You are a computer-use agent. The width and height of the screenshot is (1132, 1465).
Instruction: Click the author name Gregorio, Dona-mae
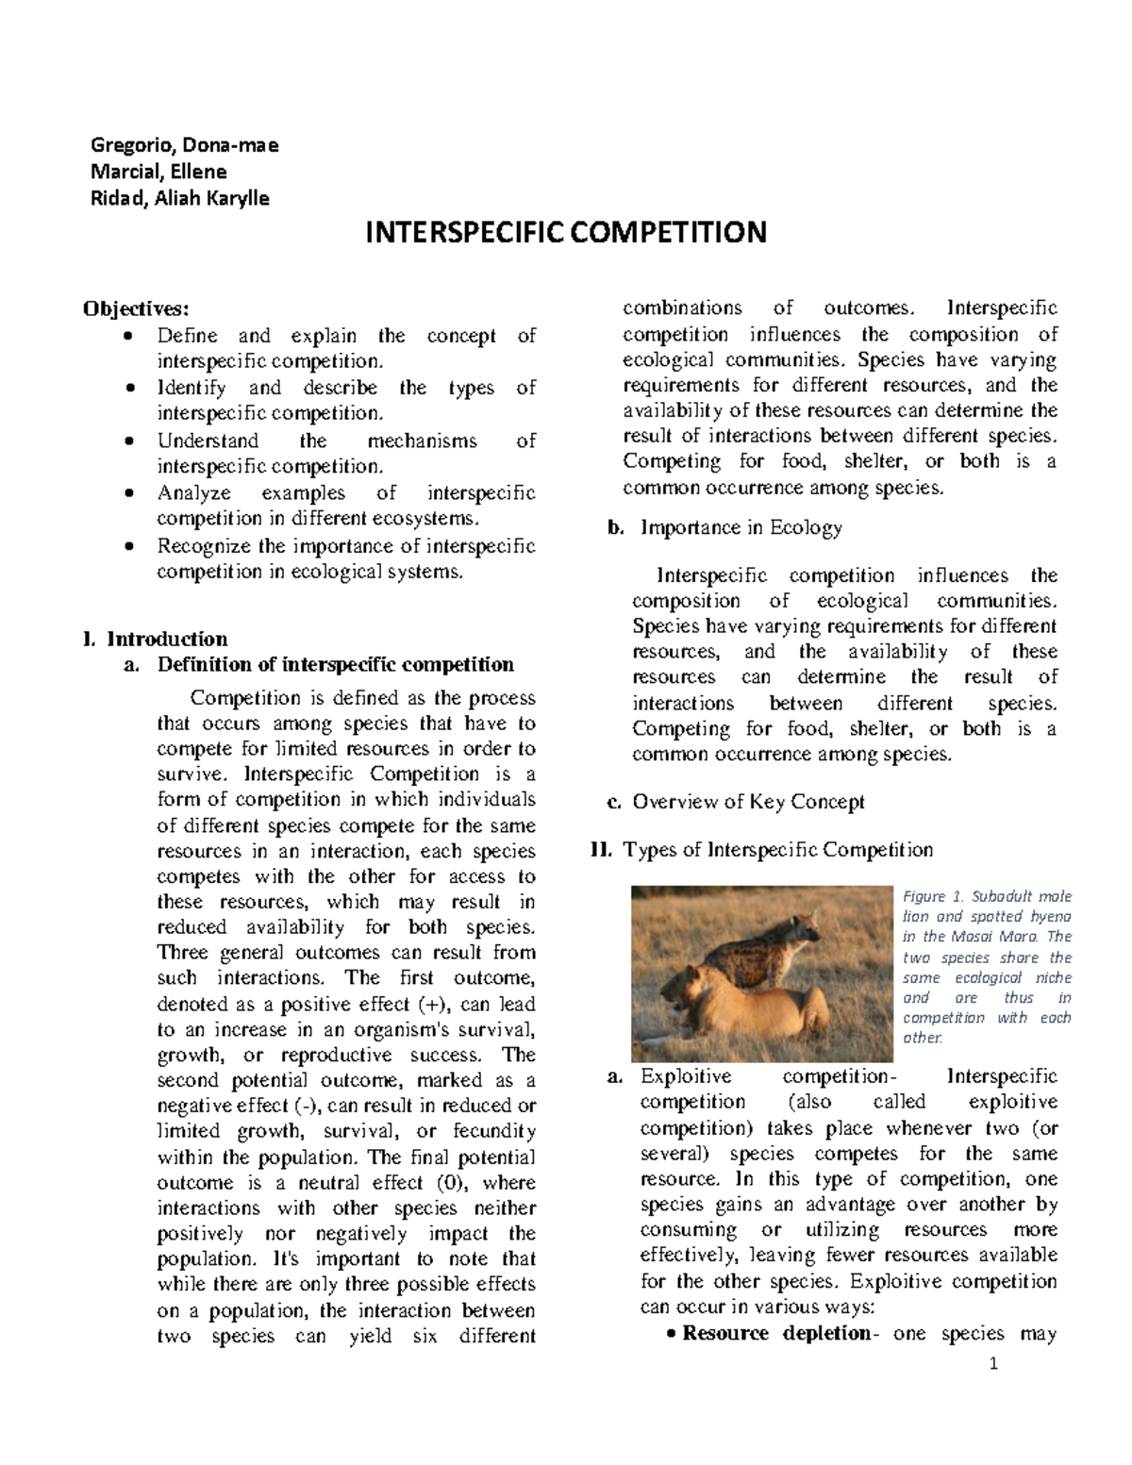184,145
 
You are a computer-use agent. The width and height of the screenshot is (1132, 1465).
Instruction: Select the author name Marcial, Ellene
158,172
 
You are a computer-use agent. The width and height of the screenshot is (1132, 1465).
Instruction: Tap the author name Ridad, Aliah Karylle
179,198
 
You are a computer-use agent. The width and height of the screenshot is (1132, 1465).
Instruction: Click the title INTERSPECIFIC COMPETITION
566,232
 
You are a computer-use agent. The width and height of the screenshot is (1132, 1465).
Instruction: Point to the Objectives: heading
136,308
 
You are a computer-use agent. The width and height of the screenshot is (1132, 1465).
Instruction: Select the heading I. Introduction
156,639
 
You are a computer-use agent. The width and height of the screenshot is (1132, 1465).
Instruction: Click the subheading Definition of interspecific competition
335,665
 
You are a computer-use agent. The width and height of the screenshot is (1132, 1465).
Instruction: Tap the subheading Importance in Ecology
741,528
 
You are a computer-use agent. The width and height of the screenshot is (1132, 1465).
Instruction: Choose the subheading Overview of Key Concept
748,803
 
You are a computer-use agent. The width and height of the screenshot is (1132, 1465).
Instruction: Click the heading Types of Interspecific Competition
777,850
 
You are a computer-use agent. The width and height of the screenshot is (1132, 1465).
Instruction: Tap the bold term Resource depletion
775,1334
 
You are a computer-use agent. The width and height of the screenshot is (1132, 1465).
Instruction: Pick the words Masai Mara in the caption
1001,937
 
